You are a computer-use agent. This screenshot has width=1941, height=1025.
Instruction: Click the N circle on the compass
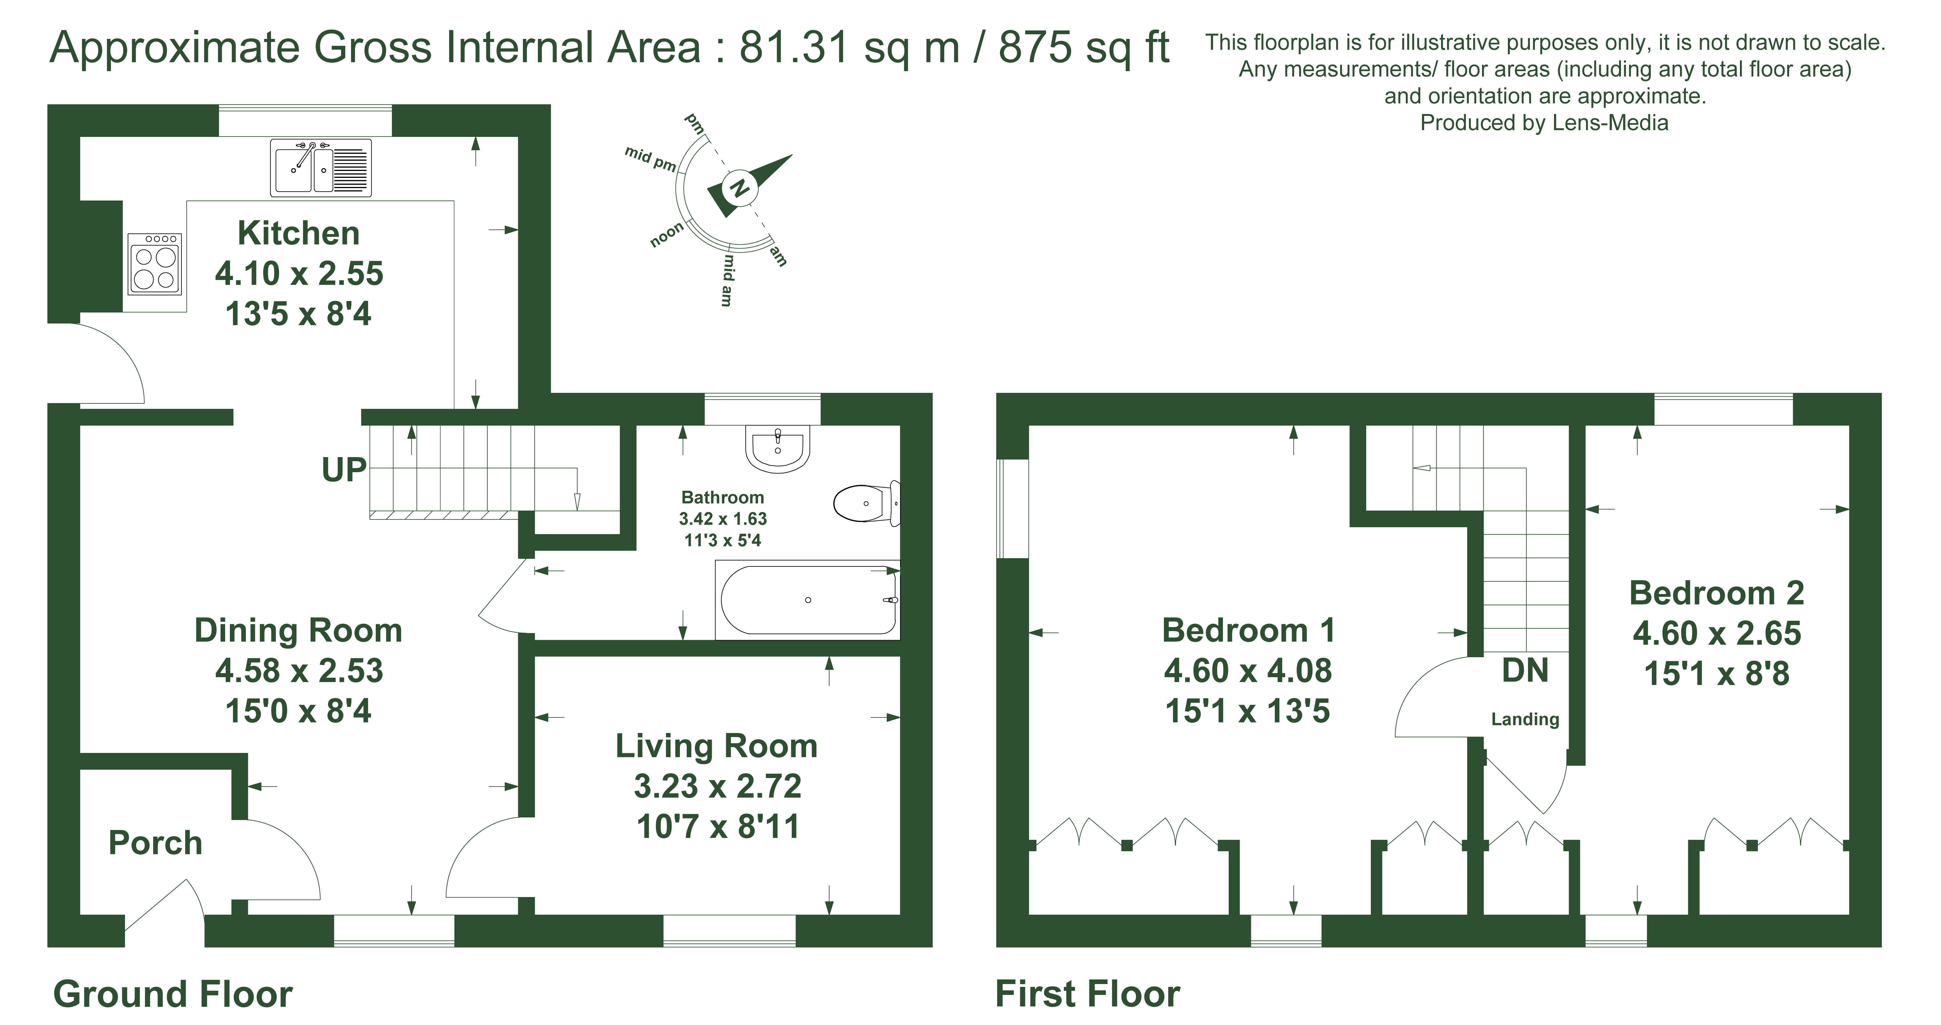(738, 188)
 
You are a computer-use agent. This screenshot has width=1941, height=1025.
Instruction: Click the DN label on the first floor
(1525, 671)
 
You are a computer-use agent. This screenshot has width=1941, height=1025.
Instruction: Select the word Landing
(1525, 719)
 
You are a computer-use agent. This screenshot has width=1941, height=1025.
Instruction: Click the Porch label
(155, 843)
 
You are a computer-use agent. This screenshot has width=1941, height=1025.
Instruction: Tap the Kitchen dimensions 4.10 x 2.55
(299, 273)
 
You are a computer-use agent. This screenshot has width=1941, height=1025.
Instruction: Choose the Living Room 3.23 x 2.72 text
(717, 786)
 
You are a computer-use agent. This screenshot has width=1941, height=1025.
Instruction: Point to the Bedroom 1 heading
(1249, 630)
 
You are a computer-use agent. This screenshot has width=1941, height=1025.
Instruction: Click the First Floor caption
(1087, 994)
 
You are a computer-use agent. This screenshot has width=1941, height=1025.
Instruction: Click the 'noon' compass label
(667, 235)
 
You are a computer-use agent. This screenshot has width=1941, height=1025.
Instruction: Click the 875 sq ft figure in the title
(1083, 48)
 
